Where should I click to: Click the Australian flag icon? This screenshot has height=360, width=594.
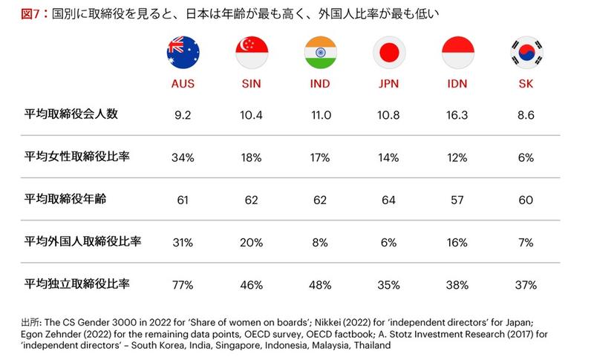coord(182,53)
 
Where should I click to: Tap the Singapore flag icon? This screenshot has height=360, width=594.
coord(252,53)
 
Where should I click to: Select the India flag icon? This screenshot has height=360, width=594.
coord(320,53)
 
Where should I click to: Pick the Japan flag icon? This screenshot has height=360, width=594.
coord(388,53)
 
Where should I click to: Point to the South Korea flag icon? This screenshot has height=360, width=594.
coord(526,53)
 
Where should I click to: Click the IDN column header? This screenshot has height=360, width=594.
coord(457,83)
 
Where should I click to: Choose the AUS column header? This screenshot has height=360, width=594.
coord(182,83)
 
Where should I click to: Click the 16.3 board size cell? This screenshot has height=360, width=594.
coord(457,114)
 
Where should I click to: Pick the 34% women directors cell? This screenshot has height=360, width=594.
coord(182,157)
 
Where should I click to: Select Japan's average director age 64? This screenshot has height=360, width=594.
coord(388,199)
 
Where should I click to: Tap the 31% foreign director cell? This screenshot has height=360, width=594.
coord(182,241)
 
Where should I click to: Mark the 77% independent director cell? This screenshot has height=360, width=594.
coord(182,284)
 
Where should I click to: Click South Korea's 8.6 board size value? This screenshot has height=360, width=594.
coord(526,114)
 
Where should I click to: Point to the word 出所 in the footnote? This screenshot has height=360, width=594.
coord(30,323)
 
